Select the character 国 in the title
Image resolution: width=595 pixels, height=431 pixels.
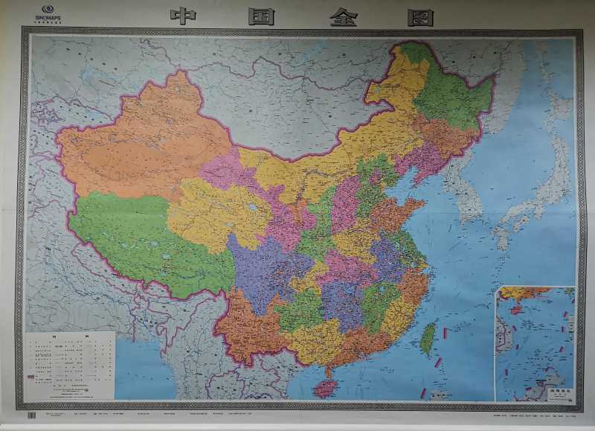click(262, 16)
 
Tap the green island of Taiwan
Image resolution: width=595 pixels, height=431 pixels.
click(428, 339)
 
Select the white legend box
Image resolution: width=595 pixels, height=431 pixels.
click(70, 364)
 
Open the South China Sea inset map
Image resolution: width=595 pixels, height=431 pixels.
click(534, 342)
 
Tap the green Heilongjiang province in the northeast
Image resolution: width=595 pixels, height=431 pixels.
click(454, 97)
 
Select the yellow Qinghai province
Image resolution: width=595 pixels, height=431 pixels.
click(216, 212)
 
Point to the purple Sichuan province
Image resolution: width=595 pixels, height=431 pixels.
click(268, 268)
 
